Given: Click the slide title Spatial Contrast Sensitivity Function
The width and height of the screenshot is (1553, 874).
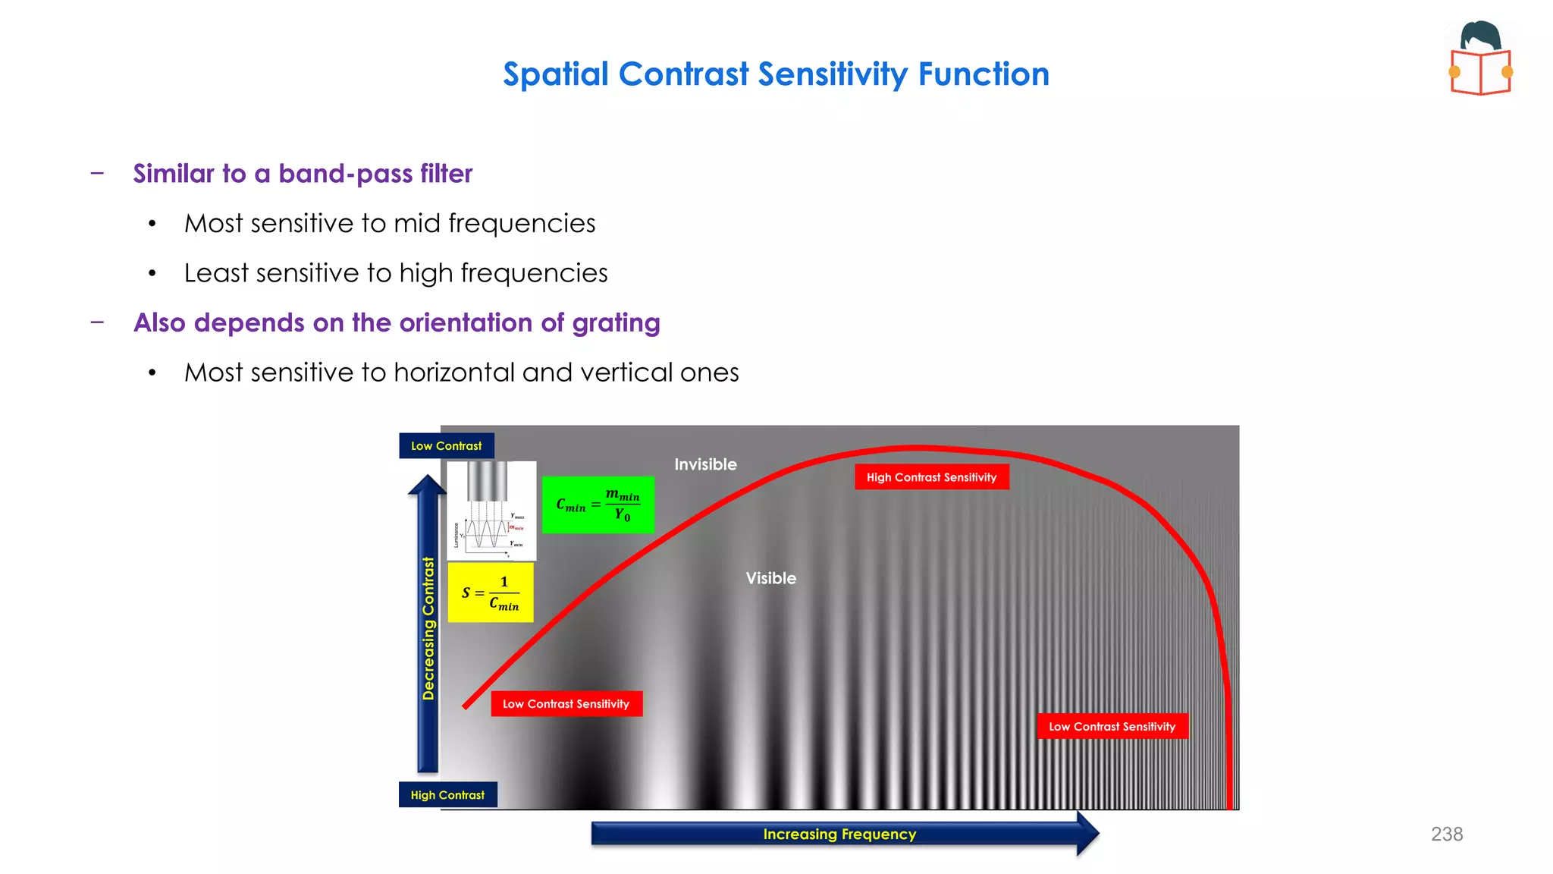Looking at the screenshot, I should [x=776, y=74].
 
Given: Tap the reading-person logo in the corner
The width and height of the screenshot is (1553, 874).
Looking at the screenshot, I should [x=1480, y=59].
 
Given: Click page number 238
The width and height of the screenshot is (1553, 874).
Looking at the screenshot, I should [x=1446, y=834].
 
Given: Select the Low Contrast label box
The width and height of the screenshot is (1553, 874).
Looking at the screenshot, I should [x=446, y=446].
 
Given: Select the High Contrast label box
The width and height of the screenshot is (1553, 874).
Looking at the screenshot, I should [x=447, y=795].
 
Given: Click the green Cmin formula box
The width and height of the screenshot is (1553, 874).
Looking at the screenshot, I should [x=598, y=505].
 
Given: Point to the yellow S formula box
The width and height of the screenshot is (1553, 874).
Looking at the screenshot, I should [x=490, y=593].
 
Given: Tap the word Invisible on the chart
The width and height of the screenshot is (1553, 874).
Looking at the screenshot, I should [x=705, y=464].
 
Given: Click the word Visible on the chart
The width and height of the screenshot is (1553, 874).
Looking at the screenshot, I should [x=770, y=578].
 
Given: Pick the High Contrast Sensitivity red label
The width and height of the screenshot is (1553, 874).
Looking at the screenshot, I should [x=931, y=477].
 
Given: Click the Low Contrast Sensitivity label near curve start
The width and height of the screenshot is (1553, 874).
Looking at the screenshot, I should [x=566, y=704].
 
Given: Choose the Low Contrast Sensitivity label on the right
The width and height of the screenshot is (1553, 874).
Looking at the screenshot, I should [x=1112, y=727].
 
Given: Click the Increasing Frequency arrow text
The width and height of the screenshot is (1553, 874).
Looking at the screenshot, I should [x=839, y=834].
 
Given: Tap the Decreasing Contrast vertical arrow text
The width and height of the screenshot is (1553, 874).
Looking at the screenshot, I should [x=428, y=628].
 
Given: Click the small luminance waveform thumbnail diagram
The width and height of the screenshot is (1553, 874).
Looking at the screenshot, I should [x=491, y=511].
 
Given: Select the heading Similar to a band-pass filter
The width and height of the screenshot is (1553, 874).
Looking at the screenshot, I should [x=303, y=174].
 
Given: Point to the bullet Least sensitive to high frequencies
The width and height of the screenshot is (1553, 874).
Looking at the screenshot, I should [x=396, y=273].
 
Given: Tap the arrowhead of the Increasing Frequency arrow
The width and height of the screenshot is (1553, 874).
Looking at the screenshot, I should [x=1087, y=833].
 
